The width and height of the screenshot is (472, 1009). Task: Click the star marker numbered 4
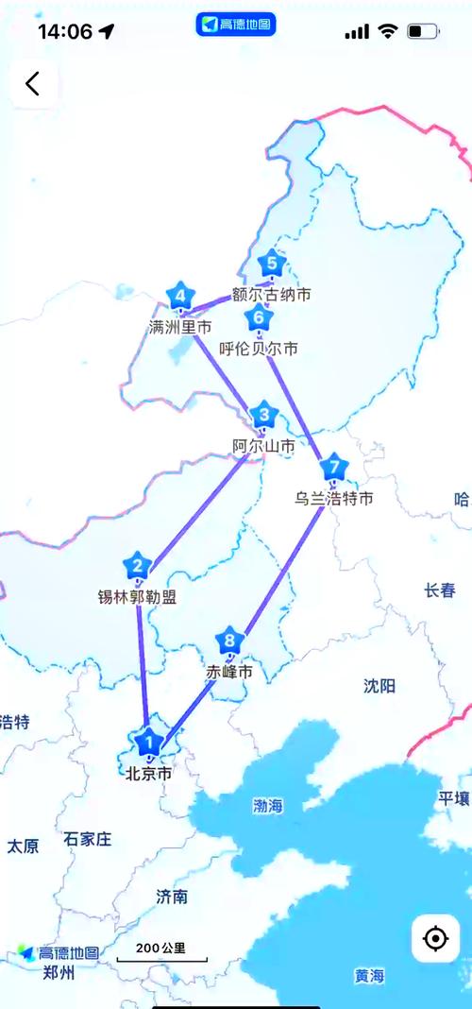point(180,298)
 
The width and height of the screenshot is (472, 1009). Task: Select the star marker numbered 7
point(333,468)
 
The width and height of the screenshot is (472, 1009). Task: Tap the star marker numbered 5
point(272,264)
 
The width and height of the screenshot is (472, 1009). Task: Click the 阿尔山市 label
point(263,445)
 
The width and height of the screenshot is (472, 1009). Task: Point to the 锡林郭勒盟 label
point(138,597)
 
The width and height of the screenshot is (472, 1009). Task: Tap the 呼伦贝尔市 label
point(259,349)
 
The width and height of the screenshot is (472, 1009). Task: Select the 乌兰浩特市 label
point(333,498)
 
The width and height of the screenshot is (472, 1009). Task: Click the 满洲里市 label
point(180,327)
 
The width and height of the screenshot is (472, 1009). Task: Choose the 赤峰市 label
point(229,673)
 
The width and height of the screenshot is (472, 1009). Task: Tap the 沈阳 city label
point(379,686)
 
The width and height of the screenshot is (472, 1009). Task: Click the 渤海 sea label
point(268,806)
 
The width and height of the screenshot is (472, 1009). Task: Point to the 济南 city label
point(172,897)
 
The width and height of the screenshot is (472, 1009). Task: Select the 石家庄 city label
point(88,838)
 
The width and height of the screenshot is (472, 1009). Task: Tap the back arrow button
point(33,83)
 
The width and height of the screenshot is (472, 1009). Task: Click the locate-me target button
point(435,938)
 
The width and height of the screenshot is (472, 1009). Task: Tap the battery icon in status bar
point(422,31)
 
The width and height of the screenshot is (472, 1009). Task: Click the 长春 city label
point(440,590)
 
